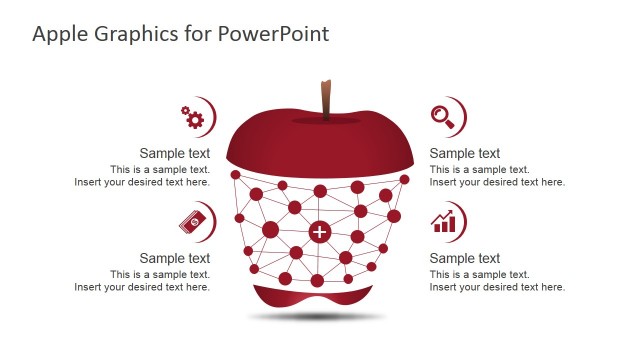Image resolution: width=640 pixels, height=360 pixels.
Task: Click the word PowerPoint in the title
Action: tap(277, 34)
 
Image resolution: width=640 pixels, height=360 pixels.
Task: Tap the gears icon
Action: tap(193, 117)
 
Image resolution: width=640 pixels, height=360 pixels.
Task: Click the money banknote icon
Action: tap(195, 220)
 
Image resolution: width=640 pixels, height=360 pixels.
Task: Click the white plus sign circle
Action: tap(319, 233)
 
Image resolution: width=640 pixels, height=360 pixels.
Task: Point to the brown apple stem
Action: tap(326, 99)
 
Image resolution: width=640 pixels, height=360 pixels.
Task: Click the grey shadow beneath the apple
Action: tap(318, 317)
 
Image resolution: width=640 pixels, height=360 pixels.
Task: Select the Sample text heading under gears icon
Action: tap(174, 154)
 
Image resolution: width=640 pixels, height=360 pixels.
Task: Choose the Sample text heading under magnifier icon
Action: tap(465, 154)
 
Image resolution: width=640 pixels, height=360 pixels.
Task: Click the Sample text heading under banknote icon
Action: tap(174, 258)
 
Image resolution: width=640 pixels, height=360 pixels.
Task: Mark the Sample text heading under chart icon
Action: tap(465, 258)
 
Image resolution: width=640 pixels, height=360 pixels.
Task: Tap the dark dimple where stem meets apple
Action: tap(326, 120)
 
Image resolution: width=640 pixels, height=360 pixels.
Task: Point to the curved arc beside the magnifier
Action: tap(461, 116)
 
